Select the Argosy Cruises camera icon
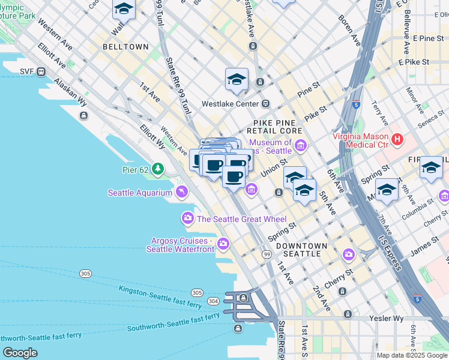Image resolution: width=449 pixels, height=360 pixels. coord(223,243)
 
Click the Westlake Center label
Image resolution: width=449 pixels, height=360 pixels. coord(229,103)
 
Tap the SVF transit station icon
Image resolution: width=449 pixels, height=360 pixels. coord(41,72)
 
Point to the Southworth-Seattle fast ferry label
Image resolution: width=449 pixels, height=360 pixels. coord(173,323)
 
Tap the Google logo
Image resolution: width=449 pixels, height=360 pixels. coord(20,353)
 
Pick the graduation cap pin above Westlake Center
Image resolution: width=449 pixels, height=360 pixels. coord(237,80)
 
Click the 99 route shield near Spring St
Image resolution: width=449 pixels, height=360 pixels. coord(266,255)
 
